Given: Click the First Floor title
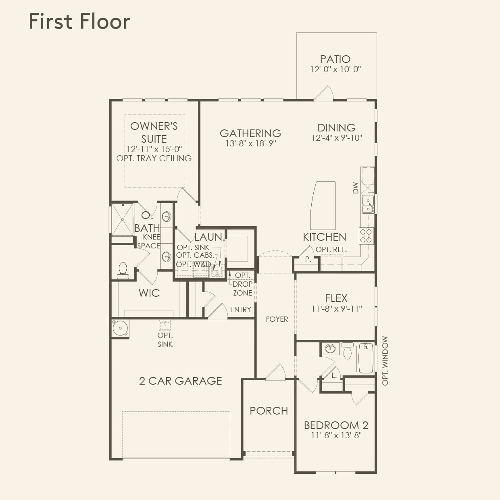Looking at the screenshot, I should coord(79,21).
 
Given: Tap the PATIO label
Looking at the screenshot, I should coord(335,59).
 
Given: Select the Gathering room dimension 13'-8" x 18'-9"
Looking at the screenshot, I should coord(250,144).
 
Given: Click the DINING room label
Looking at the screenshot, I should coord(336,128).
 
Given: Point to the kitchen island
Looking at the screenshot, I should coord(323,205).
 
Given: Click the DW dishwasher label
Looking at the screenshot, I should coord(355,188).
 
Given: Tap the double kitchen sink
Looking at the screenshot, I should coord(367,204).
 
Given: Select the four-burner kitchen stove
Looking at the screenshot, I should coord(366,236).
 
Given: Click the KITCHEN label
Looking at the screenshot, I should coord(324,237).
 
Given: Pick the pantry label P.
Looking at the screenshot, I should coord(308,259).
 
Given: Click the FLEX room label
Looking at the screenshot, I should coord(336,298).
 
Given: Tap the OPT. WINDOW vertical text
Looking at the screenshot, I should coord(385,361).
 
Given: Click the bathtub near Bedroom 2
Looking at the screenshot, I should coord(365,358).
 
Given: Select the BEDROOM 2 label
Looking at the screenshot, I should coord(336,425).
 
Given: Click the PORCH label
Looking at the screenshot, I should coord(269,411).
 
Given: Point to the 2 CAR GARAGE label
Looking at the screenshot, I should coord(180,381).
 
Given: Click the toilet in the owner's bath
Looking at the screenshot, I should coord(123,271).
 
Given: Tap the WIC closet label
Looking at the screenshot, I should coord(149,293).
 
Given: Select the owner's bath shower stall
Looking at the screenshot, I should coord(122,219).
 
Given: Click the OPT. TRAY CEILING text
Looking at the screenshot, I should coord(154,158).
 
